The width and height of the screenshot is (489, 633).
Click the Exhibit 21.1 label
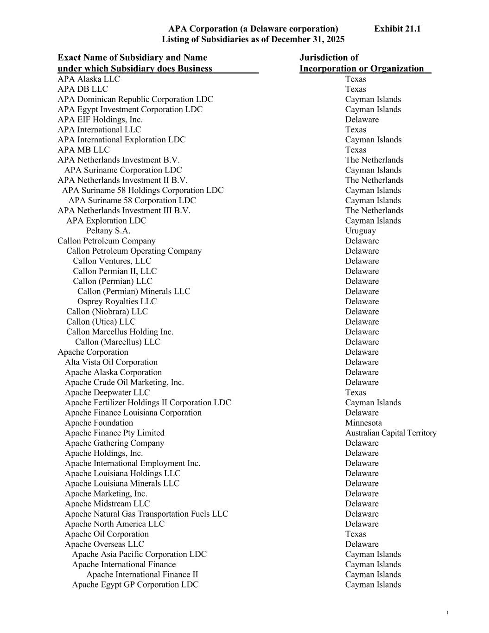tap(397, 29)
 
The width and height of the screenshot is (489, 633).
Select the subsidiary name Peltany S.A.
tap(108, 231)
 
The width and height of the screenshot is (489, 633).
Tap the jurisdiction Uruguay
tap(360, 231)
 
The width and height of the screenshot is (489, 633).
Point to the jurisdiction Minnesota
tap(363, 423)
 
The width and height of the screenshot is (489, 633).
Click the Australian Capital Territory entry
tap(390, 433)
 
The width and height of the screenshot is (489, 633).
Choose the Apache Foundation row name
tap(99, 423)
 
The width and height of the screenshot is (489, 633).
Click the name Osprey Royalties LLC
tap(117, 301)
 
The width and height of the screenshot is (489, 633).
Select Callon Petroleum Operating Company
tap(133, 251)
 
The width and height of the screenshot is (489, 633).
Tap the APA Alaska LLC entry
tap(89, 79)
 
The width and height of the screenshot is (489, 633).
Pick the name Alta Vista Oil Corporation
tap(111, 362)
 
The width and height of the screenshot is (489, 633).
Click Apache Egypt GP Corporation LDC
tap(135, 585)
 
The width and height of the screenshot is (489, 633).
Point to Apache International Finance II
tap(142, 575)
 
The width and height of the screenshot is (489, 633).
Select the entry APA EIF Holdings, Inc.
tap(100, 120)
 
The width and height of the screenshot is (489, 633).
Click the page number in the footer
tap(447, 613)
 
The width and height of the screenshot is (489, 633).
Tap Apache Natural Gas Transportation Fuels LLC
tap(146, 514)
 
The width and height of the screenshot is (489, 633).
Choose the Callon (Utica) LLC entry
tap(101, 322)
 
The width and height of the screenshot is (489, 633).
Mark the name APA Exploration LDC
tap(106, 221)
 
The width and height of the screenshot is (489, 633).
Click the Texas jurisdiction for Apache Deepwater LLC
tap(355, 393)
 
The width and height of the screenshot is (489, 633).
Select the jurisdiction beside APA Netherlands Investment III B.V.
tap(374, 211)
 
